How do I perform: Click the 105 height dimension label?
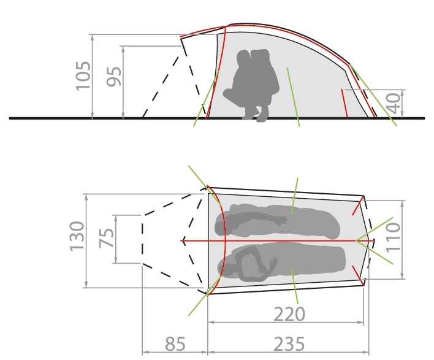[x=83, y=75]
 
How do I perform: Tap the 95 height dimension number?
[x=114, y=77]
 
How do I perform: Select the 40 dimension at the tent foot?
[x=394, y=103]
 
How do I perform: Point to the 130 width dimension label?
[x=77, y=236]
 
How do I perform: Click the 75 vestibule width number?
[x=107, y=238]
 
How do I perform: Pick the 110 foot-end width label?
[x=393, y=237]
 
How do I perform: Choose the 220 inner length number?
[x=289, y=314]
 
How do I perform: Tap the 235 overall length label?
[x=289, y=343]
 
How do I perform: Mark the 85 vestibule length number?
[x=175, y=343]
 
